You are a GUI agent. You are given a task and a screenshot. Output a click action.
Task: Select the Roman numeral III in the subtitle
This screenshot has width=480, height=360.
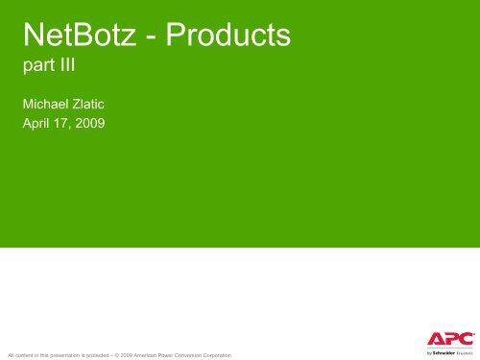[x=69, y=70]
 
